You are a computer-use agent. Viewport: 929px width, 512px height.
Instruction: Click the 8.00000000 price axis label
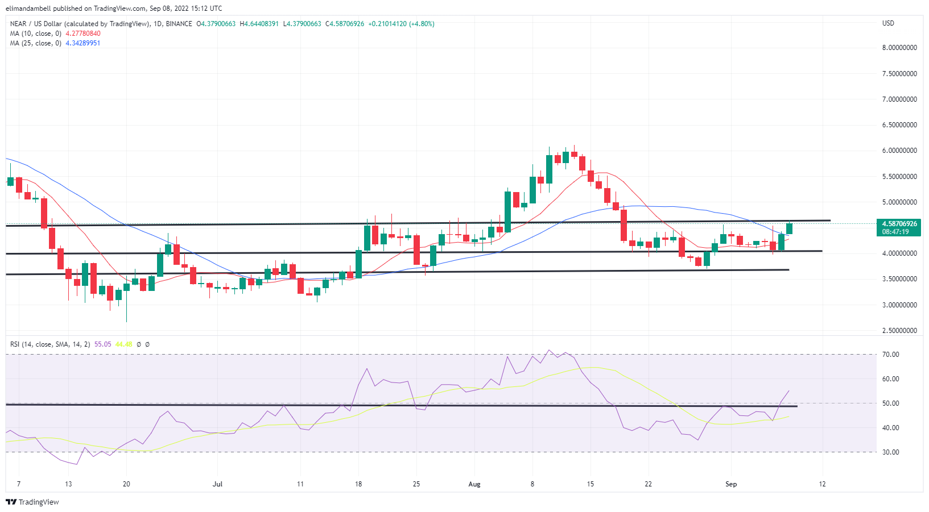tap(899, 48)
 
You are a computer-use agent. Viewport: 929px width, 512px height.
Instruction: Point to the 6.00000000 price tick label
tap(899, 151)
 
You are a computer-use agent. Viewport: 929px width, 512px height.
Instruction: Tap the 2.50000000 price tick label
tap(899, 331)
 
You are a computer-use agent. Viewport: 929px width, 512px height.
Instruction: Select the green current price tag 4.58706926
tap(899, 224)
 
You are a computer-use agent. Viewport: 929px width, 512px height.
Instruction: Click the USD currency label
tap(888, 23)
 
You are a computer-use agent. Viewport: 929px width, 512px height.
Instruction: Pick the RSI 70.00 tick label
tap(890, 355)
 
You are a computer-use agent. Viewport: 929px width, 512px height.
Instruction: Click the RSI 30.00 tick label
tap(890, 452)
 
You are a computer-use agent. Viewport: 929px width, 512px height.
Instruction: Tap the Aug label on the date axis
tap(474, 484)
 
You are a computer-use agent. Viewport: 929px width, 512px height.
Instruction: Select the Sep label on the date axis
tap(731, 484)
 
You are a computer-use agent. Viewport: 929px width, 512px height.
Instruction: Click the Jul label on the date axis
tap(217, 484)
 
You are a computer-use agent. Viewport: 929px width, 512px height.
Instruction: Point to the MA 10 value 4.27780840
tap(83, 34)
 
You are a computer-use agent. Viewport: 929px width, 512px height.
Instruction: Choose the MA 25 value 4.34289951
tap(83, 43)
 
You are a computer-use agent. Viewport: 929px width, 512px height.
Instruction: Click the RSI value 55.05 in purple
tap(103, 344)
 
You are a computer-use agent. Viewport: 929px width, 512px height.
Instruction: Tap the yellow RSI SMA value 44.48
tap(123, 344)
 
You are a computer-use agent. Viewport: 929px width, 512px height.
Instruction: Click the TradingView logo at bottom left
tap(32, 502)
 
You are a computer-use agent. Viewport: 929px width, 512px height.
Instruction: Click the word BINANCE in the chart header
tap(179, 24)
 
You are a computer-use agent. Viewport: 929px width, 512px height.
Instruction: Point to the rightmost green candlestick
tap(790, 228)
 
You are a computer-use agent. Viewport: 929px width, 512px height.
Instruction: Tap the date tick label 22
tap(648, 484)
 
